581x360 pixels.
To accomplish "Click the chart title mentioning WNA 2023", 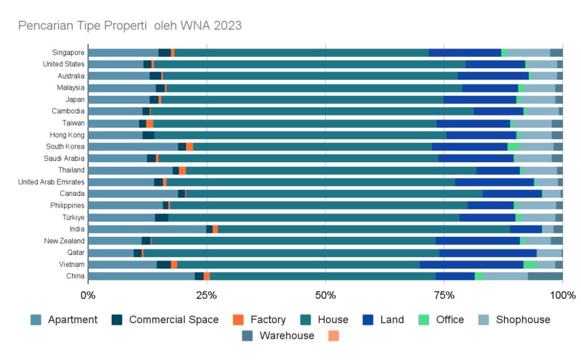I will (x=130, y=26).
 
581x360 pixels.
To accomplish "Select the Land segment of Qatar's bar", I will (x=488, y=253).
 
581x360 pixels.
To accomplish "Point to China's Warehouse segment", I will (x=545, y=276).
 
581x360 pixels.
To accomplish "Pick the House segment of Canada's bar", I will (x=334, y=194).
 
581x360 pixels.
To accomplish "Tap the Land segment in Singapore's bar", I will (x=465, y=53).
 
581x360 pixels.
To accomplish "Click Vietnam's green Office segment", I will (x=529, y=265).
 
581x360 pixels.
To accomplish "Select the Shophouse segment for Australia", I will (x=543, y=76).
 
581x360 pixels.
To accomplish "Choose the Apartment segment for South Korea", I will (x=133, y=146).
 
